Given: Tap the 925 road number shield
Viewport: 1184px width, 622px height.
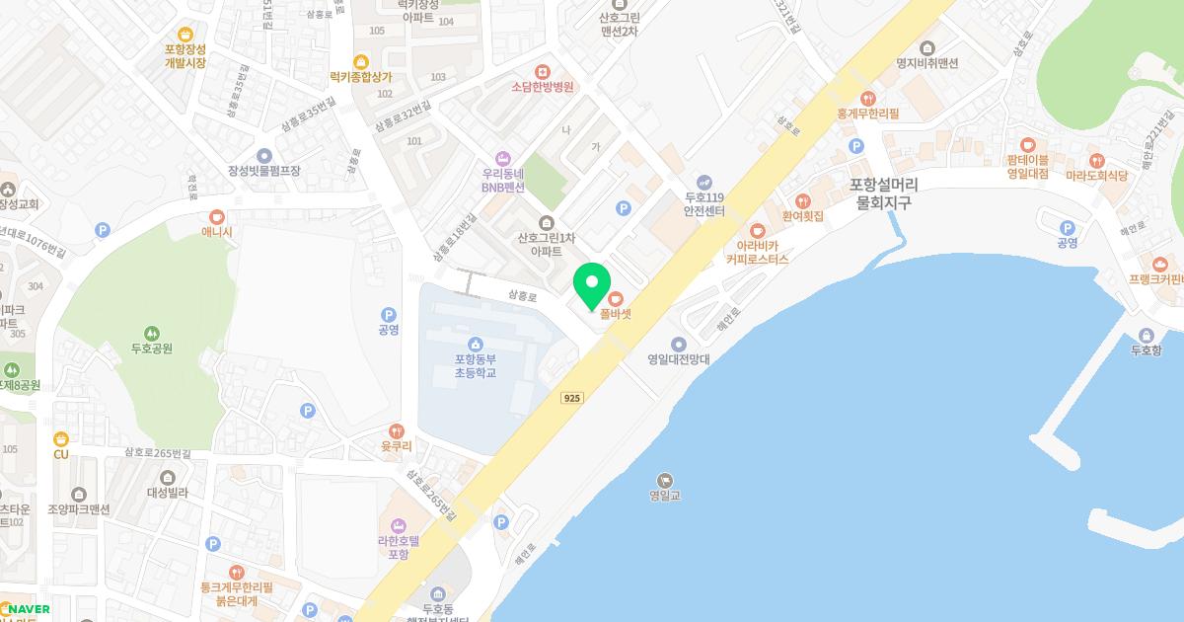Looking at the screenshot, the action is (571, 398).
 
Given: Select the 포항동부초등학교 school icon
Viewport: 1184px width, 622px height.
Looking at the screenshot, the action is (476, 344).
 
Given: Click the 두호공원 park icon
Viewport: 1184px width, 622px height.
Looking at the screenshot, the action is (152, 333).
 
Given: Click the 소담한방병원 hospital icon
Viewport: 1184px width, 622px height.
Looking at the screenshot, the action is (542, 71).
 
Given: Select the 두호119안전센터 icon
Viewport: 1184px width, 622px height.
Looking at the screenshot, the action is (704, 182).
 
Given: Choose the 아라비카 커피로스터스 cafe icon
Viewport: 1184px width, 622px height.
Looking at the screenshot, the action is (758, 230).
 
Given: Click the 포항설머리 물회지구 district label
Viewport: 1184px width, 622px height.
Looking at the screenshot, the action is (883, 194).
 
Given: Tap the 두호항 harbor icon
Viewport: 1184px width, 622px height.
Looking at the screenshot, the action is (1146, 334).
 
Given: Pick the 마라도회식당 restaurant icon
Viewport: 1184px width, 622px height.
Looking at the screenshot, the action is (1096, 161).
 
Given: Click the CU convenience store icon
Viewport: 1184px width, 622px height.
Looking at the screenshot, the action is (61, 439).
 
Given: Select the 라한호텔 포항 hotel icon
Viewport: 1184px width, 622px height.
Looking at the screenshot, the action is (399, 524).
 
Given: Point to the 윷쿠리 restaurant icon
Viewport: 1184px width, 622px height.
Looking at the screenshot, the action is (396, 430).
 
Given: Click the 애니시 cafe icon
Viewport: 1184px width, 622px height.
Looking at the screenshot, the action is (217, 217).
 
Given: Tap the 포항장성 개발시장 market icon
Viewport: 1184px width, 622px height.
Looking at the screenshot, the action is (185, 35).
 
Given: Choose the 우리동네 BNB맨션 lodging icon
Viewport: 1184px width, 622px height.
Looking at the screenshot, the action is (503, 158).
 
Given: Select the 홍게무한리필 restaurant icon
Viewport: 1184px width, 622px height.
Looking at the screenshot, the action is (867, 98).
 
